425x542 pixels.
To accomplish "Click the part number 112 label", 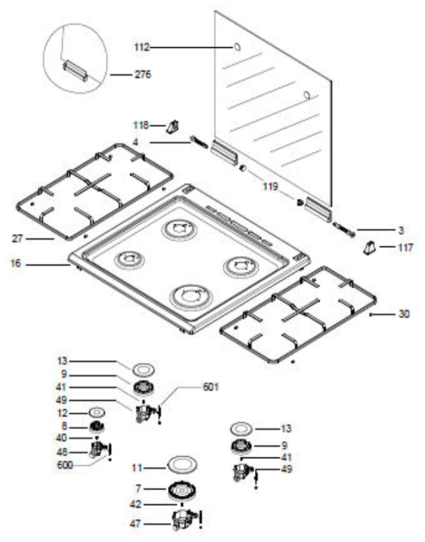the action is pyautogui.click(x=142, y=47).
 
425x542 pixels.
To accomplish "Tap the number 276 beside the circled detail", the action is pyautogui.click(x=143, y=74).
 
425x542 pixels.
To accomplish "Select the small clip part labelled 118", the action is pyautogui.click(x=173, y=127).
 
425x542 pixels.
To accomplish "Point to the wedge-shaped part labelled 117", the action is pyautogui.click(x=369, y=248).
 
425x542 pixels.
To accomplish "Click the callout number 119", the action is pyautogui.click(x=270, y=187).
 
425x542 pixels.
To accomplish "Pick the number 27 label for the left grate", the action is pyautogui.click(x=18, y=238).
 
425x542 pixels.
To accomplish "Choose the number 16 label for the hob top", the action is pyautogui.click(x=16, y=263).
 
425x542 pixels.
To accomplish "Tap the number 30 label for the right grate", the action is pyautogui.click(x=404, y=314).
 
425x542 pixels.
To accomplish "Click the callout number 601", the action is pyautogui.click(x=211, y=386).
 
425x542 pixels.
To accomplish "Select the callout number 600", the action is pyautogui.click(x=65, y=465).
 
